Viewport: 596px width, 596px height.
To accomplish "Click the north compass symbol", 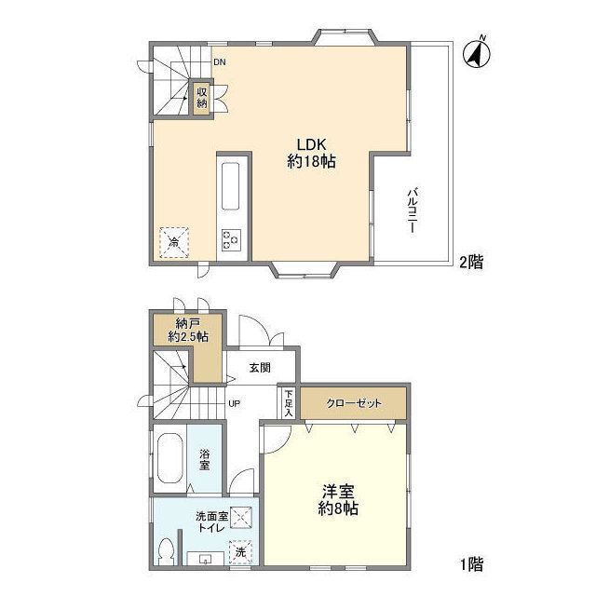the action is click(476, 54).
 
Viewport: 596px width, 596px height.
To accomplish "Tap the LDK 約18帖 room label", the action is click(311, 153).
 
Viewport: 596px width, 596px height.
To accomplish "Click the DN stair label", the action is click(220, 62).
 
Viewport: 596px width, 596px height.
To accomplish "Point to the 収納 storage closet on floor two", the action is click(202, 98).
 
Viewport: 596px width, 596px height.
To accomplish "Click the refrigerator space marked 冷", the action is click(174, 242).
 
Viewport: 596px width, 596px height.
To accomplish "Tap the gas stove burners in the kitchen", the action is click(231, 240).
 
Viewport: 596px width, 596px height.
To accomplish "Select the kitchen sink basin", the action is click(230, 186).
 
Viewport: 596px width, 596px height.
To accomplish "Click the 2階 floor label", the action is click(471, 262).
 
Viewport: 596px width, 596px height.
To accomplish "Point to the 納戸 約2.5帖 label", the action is click(188, 331).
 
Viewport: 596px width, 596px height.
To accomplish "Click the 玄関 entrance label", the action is click(260, 368).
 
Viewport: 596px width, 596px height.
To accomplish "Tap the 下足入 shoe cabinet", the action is click(289, 403).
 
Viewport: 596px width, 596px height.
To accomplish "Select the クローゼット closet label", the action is click(354, 403).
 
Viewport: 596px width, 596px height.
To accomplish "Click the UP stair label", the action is click(234, 403).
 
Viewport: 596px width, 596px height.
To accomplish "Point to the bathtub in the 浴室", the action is click(170, 458).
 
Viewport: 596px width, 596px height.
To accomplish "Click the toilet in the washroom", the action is click(167, 551).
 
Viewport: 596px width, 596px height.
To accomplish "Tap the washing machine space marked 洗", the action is click(240, 551).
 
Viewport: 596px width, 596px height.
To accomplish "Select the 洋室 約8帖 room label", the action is click(338, 499).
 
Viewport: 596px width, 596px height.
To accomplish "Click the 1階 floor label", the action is click(472, 564).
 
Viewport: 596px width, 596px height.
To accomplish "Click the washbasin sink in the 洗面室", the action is click(206, 559).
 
